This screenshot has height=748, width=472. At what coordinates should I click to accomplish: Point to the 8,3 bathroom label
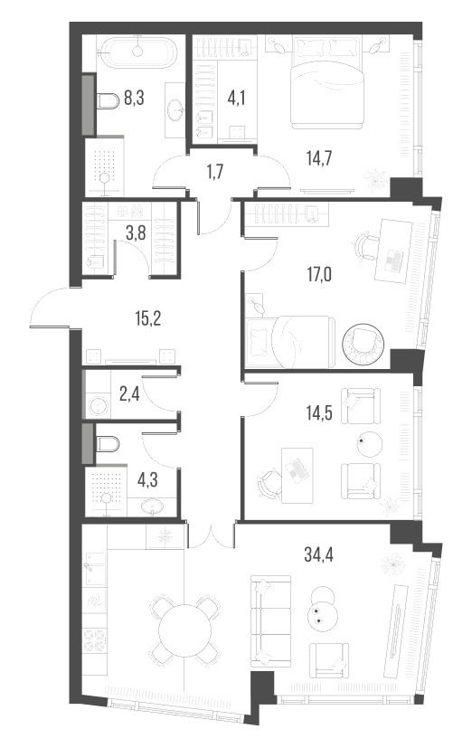point(133,98)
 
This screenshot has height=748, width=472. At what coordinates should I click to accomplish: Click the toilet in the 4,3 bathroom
point(106,444)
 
